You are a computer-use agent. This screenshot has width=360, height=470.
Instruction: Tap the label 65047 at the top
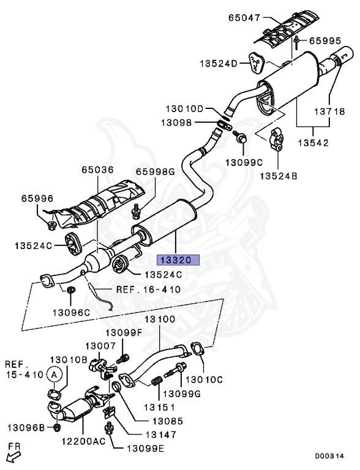pyautogui.click(x=244, y=18)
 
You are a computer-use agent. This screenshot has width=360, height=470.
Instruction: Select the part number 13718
pyautogui.click(x=330, y=112)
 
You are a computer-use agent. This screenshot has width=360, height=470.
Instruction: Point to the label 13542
pyautogui.click(x=313, y=143)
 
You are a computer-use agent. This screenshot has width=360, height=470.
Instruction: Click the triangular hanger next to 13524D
pyautogui.click(x=256, y=62)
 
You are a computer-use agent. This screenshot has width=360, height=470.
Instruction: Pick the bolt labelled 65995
pyautogui.click(x=296, y=42)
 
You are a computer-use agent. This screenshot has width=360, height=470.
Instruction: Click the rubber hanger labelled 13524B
pyautogui.click(x=277, y=139)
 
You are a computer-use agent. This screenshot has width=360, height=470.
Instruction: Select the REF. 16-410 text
pyautogui.click(x=148, y=289)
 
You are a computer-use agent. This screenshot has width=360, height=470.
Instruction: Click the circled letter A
pyautogui.click(x=54, y=374)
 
